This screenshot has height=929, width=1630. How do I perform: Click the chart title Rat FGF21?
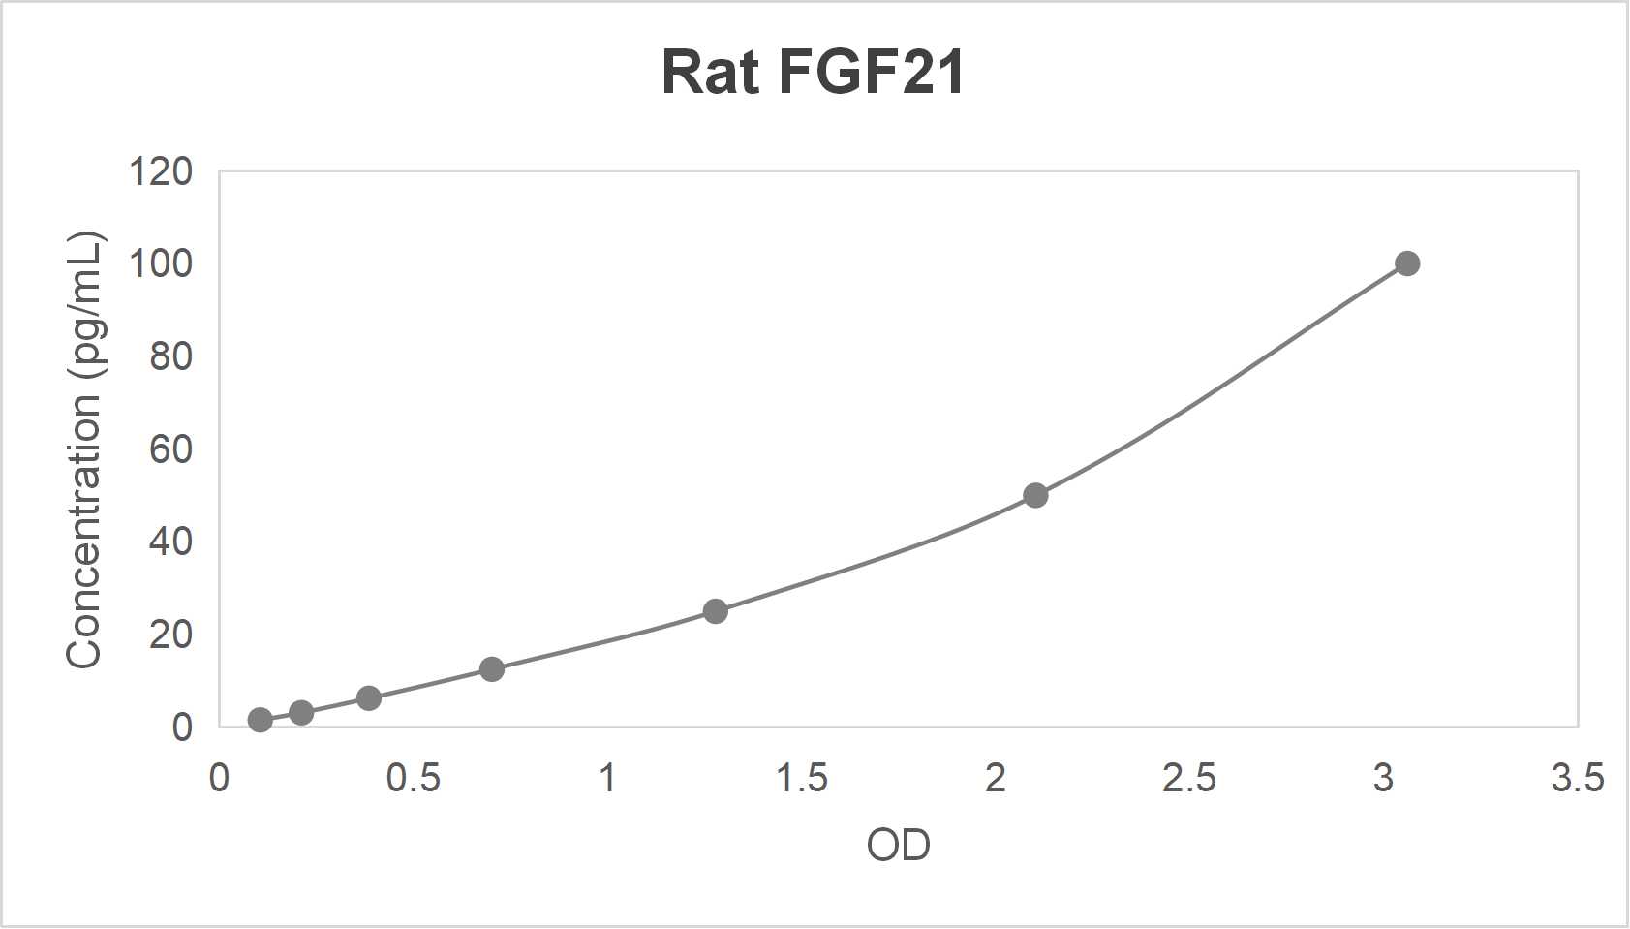[x=813, y=72]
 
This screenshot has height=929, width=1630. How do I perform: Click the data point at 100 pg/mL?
[x=1407, y=263]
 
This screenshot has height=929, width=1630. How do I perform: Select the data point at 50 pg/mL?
[x=1035, y=495]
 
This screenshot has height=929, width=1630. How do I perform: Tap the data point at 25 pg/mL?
[x=715, y=611]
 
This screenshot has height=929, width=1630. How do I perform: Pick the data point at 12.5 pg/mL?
[x=492, y=669]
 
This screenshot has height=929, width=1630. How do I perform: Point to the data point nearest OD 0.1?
[x=260, y=720]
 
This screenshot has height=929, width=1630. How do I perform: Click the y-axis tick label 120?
[x=161, y=172]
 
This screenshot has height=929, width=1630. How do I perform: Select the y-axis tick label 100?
[x=161, y=263]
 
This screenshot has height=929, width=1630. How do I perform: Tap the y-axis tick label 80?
[x=170, y=357]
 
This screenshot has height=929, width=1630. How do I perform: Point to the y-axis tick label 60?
[x=170, y=449]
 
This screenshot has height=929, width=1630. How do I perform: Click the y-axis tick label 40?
[x=170, y=542]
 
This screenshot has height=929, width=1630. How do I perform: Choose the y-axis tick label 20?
[x=170, y=635]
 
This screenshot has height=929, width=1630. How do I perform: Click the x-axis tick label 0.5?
[x=414, y=778]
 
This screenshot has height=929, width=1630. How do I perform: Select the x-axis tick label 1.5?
[x=802, y=778]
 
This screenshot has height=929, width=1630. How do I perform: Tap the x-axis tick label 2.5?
[x=1189, y=778]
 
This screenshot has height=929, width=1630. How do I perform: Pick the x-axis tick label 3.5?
[x=1578, y=778]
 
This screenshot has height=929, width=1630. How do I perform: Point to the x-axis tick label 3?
[x=1383, y=778]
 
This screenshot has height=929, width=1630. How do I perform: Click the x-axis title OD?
[x=899, y=846]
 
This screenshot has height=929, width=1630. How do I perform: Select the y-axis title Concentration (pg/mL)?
[x=84, y=449]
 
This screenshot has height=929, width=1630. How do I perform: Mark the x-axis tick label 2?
[x=996, y=778]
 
